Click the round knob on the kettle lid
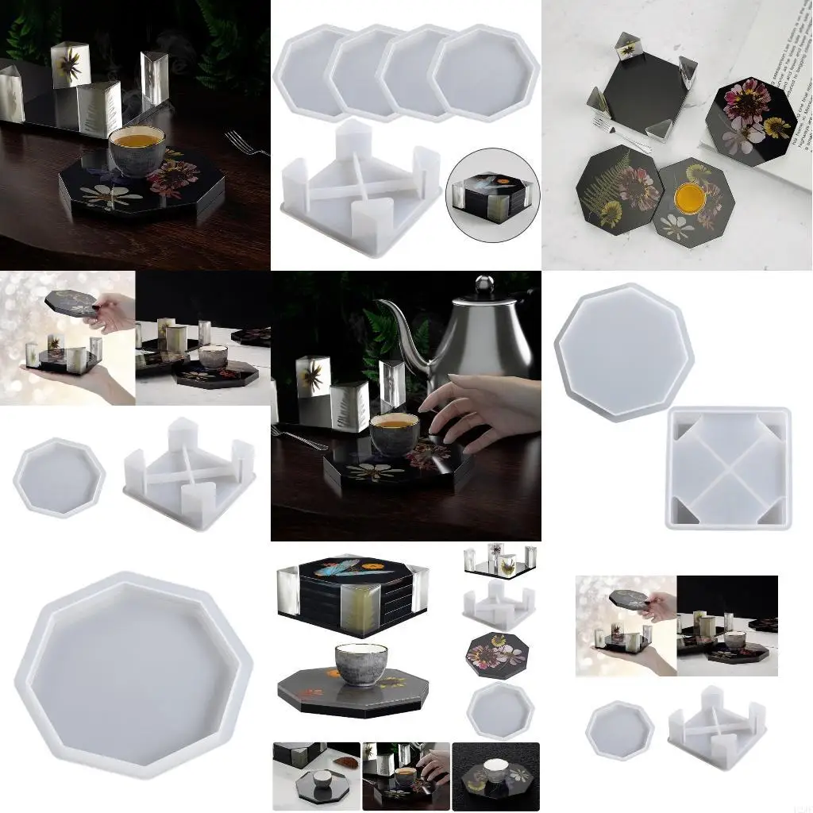point(484,283)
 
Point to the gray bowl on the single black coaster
point(360,664)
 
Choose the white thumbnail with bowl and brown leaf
point(315,776)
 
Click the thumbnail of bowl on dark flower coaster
point(495,776)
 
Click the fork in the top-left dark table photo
point(247,143)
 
